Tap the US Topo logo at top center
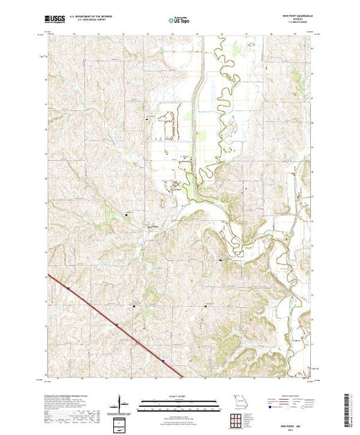pyautogui.click(x=179, y=21)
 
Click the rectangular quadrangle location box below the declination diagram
pyautogui.click(x=121, y=423)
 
